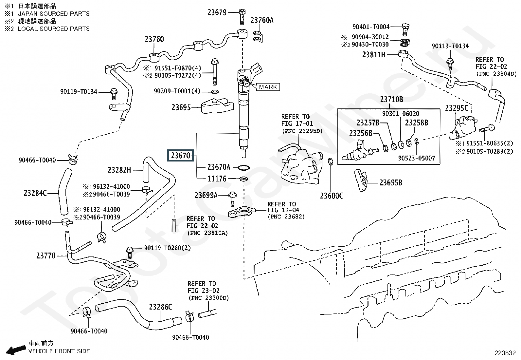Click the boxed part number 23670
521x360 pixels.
pyautogui.click(x=181, y=156)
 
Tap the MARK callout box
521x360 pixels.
pyautogui.click(x=268, y=87)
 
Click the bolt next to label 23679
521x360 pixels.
pyautogui.click(x=242, y=16)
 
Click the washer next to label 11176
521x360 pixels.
pyautogui.click(x=243, y=179)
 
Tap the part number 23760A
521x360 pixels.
pyautogui.click(x=262, y=20)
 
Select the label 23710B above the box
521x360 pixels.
pyautogui.click(x=391, y=99)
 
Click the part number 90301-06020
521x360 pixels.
pyautogui.click(x=401, y=114)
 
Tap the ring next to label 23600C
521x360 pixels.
pyautogui.click(x=331, y=161)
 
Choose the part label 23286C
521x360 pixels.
pyautogui.click(x=160, y=307)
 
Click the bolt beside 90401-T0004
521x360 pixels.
pyautogui.click(x=405, y=28)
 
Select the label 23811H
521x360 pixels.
pyautogui.click(x=374, y=55)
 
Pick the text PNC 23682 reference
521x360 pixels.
pyautogui.click(x=286, y=217)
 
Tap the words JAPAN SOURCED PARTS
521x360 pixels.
pyautogui.click(x=54, y=14)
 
